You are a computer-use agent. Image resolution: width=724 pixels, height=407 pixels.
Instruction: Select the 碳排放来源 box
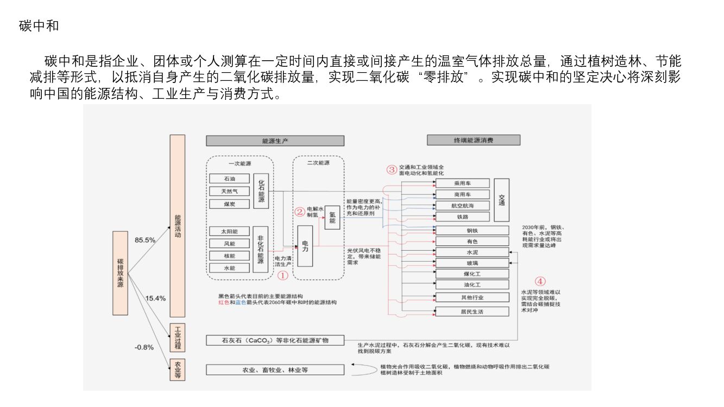pos(120,273)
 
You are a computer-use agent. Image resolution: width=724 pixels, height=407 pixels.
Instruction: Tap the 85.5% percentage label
pos(145,239)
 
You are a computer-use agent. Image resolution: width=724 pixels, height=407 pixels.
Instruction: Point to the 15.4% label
pos(155,298)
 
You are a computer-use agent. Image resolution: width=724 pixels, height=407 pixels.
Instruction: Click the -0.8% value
pos(144,347)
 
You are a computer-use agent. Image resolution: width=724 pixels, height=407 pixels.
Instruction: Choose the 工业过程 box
pos(177,338)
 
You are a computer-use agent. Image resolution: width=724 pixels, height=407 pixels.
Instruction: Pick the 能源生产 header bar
pos(275,141)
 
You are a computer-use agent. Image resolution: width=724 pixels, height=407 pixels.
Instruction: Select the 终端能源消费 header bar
pos(474,140)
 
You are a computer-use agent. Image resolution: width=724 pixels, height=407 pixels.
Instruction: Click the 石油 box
pos(229,179)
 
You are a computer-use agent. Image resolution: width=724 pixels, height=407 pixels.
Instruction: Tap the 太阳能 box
pos(229,231)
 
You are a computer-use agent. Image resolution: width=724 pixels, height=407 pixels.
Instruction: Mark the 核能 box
pos(229,256)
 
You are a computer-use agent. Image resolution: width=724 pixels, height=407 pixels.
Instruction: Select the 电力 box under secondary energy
pos(305,246)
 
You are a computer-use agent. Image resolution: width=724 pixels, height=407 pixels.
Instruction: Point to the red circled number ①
pos(282,275)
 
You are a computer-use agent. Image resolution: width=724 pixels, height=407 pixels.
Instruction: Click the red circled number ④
pos(540,281)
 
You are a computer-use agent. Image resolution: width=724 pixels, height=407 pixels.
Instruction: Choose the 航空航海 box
pos(462,206)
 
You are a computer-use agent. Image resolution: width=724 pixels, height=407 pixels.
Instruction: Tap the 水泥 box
pos(472,252)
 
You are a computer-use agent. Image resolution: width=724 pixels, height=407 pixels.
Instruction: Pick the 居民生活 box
pos(472,312)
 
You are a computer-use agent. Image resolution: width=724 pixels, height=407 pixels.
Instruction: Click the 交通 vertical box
pos(502,200)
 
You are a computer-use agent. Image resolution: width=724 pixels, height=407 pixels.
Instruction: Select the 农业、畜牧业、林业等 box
pos(275,370)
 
